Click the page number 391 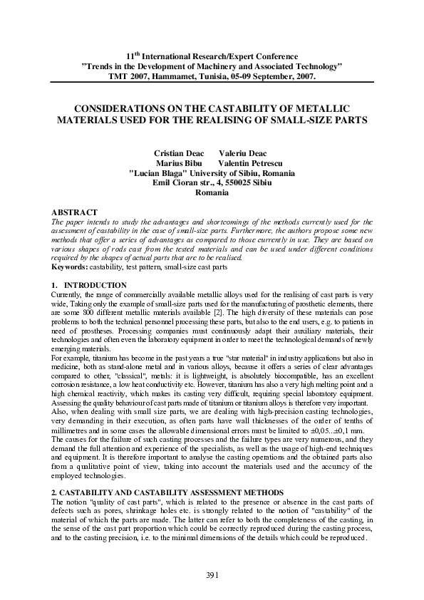(212, 575)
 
